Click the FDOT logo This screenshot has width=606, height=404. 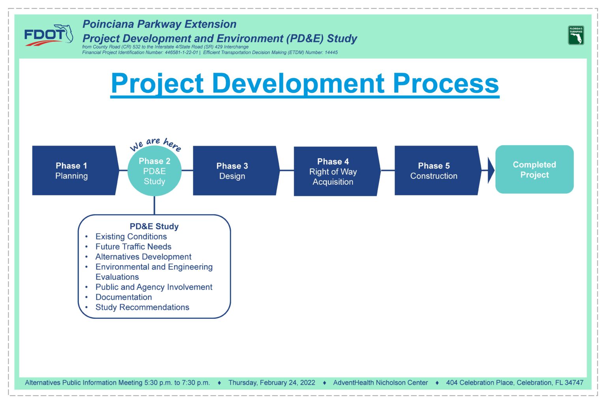click(49, 35)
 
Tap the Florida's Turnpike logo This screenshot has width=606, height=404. click(576, 35)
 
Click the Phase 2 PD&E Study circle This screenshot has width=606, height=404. click(155, 171)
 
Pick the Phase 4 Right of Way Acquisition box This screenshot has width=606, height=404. click(337, 171)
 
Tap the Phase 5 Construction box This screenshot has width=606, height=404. click(438, 170)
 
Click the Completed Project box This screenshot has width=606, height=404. click(534, 169)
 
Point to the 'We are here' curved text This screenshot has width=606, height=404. click(155, 144)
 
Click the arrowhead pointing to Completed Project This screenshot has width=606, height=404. click(491, 170)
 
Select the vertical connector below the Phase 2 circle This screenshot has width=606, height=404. click(154, 206)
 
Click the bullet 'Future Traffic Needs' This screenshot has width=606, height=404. click(133, 247)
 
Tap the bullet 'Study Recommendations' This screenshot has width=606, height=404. click(142, 307)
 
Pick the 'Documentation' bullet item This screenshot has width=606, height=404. click(123, 297)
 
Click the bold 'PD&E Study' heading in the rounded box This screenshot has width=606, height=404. click(154, 226)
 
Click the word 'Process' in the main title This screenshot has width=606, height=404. click(446, 83)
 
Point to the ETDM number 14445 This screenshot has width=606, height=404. click(331, 52)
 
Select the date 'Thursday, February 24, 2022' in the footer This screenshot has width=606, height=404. click(271, 383)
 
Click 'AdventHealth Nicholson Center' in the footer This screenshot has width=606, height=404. click(380, 383)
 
